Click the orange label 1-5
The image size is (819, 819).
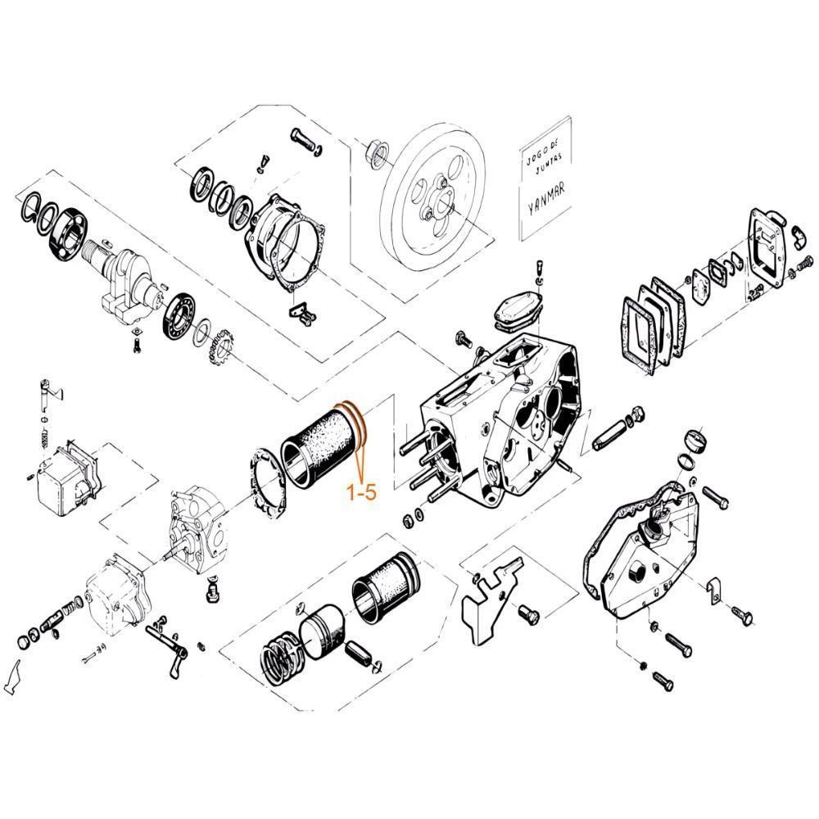click(x=362, y=491)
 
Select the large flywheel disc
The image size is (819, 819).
click(x=432, y=197)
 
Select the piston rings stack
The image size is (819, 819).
click(x=281, y=661)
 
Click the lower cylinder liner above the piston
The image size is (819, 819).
click(x=386, y=586)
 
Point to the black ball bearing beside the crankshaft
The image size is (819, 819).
click(x=181, y=316)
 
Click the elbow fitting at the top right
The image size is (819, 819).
click(x=798, y=238)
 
